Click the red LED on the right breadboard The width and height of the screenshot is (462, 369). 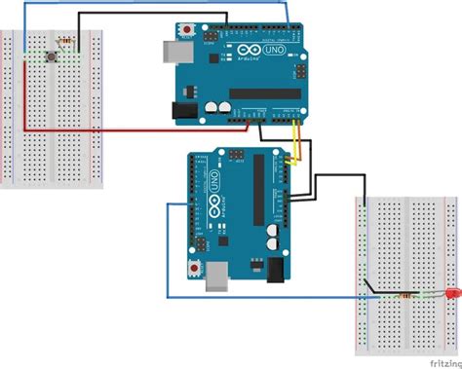click(452, 293)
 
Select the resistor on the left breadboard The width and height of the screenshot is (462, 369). click(67, 42)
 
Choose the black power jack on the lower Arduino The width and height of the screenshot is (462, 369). click(277, 270)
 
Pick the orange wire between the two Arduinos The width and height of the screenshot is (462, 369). click(291, 146)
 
